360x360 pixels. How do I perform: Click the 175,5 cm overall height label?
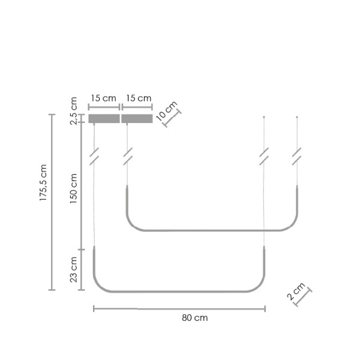43,183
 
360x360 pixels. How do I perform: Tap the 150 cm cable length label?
74,188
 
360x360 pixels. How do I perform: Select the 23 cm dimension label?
74,269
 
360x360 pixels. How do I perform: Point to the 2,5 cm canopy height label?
74,111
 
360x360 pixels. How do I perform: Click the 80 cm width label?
194,318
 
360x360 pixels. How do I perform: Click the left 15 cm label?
103,98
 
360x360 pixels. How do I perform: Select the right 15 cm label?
139,98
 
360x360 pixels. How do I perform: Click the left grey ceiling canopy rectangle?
104,119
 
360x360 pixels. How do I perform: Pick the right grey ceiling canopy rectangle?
137,119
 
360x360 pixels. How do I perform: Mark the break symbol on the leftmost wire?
94,157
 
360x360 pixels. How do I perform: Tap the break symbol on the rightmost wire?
297,157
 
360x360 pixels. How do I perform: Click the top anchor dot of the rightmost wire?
297,117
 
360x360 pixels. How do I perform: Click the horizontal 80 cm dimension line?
180,309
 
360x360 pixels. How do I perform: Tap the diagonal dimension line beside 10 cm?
173,118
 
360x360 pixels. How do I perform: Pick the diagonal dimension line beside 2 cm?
304,298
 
